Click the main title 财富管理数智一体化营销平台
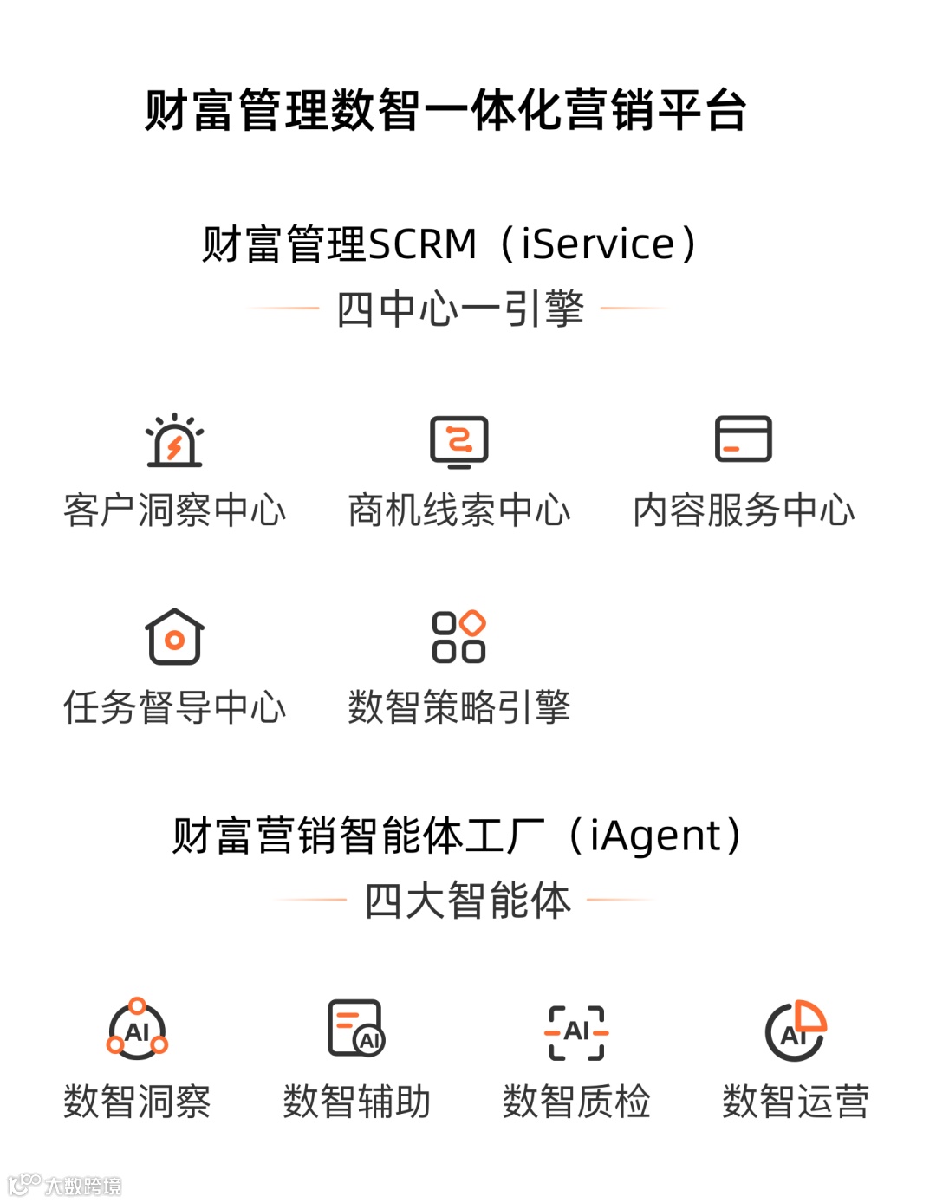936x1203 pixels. [445, 111]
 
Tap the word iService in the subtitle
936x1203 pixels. [598, 244]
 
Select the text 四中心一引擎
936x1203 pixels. [460, 309]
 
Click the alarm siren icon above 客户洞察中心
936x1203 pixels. [174, 441]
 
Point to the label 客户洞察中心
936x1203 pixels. [174, 510]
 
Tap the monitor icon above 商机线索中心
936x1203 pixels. [459, 441]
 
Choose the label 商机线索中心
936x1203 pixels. [459, 510]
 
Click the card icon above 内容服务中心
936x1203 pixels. [743, 439]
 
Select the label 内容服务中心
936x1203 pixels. [744, 510]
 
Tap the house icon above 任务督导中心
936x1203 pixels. [174, 637]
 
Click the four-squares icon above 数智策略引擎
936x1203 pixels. [459, 637]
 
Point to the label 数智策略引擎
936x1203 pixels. [459, 707]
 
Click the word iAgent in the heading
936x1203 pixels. [655, 836]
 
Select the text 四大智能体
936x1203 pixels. [468, 901]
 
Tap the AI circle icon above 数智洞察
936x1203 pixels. [137, 1031]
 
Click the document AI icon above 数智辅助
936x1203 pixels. [356, 1029]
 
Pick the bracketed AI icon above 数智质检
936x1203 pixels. [576, 1032]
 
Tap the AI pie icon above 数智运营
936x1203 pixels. [796, 1031]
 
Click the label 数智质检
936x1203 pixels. [576, 1102]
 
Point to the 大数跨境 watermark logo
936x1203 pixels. [65, 1185]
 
